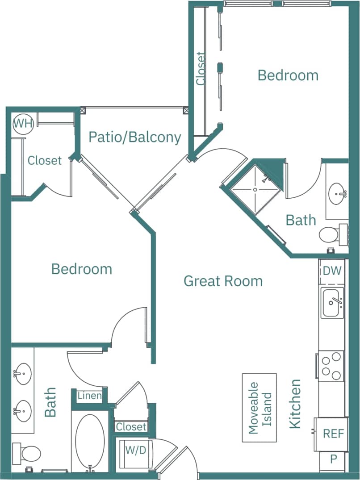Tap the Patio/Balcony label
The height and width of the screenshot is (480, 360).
tap(134, 137)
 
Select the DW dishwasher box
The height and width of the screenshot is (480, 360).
tap(332, 271)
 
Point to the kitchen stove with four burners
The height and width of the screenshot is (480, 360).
tap(331, 366)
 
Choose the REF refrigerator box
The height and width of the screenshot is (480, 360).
tap(333, 434)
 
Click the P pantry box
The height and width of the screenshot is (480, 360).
tap(333, 459)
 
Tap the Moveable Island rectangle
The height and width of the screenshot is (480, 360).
tap(260, 408)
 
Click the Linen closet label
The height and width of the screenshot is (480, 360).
tap(90, 396)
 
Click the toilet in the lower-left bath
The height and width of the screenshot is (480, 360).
tap(28, 453)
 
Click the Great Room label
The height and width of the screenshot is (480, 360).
tap(223, 281)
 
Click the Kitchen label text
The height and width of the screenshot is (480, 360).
tap(295, 404)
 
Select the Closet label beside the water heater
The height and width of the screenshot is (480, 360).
tap(44, 160)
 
